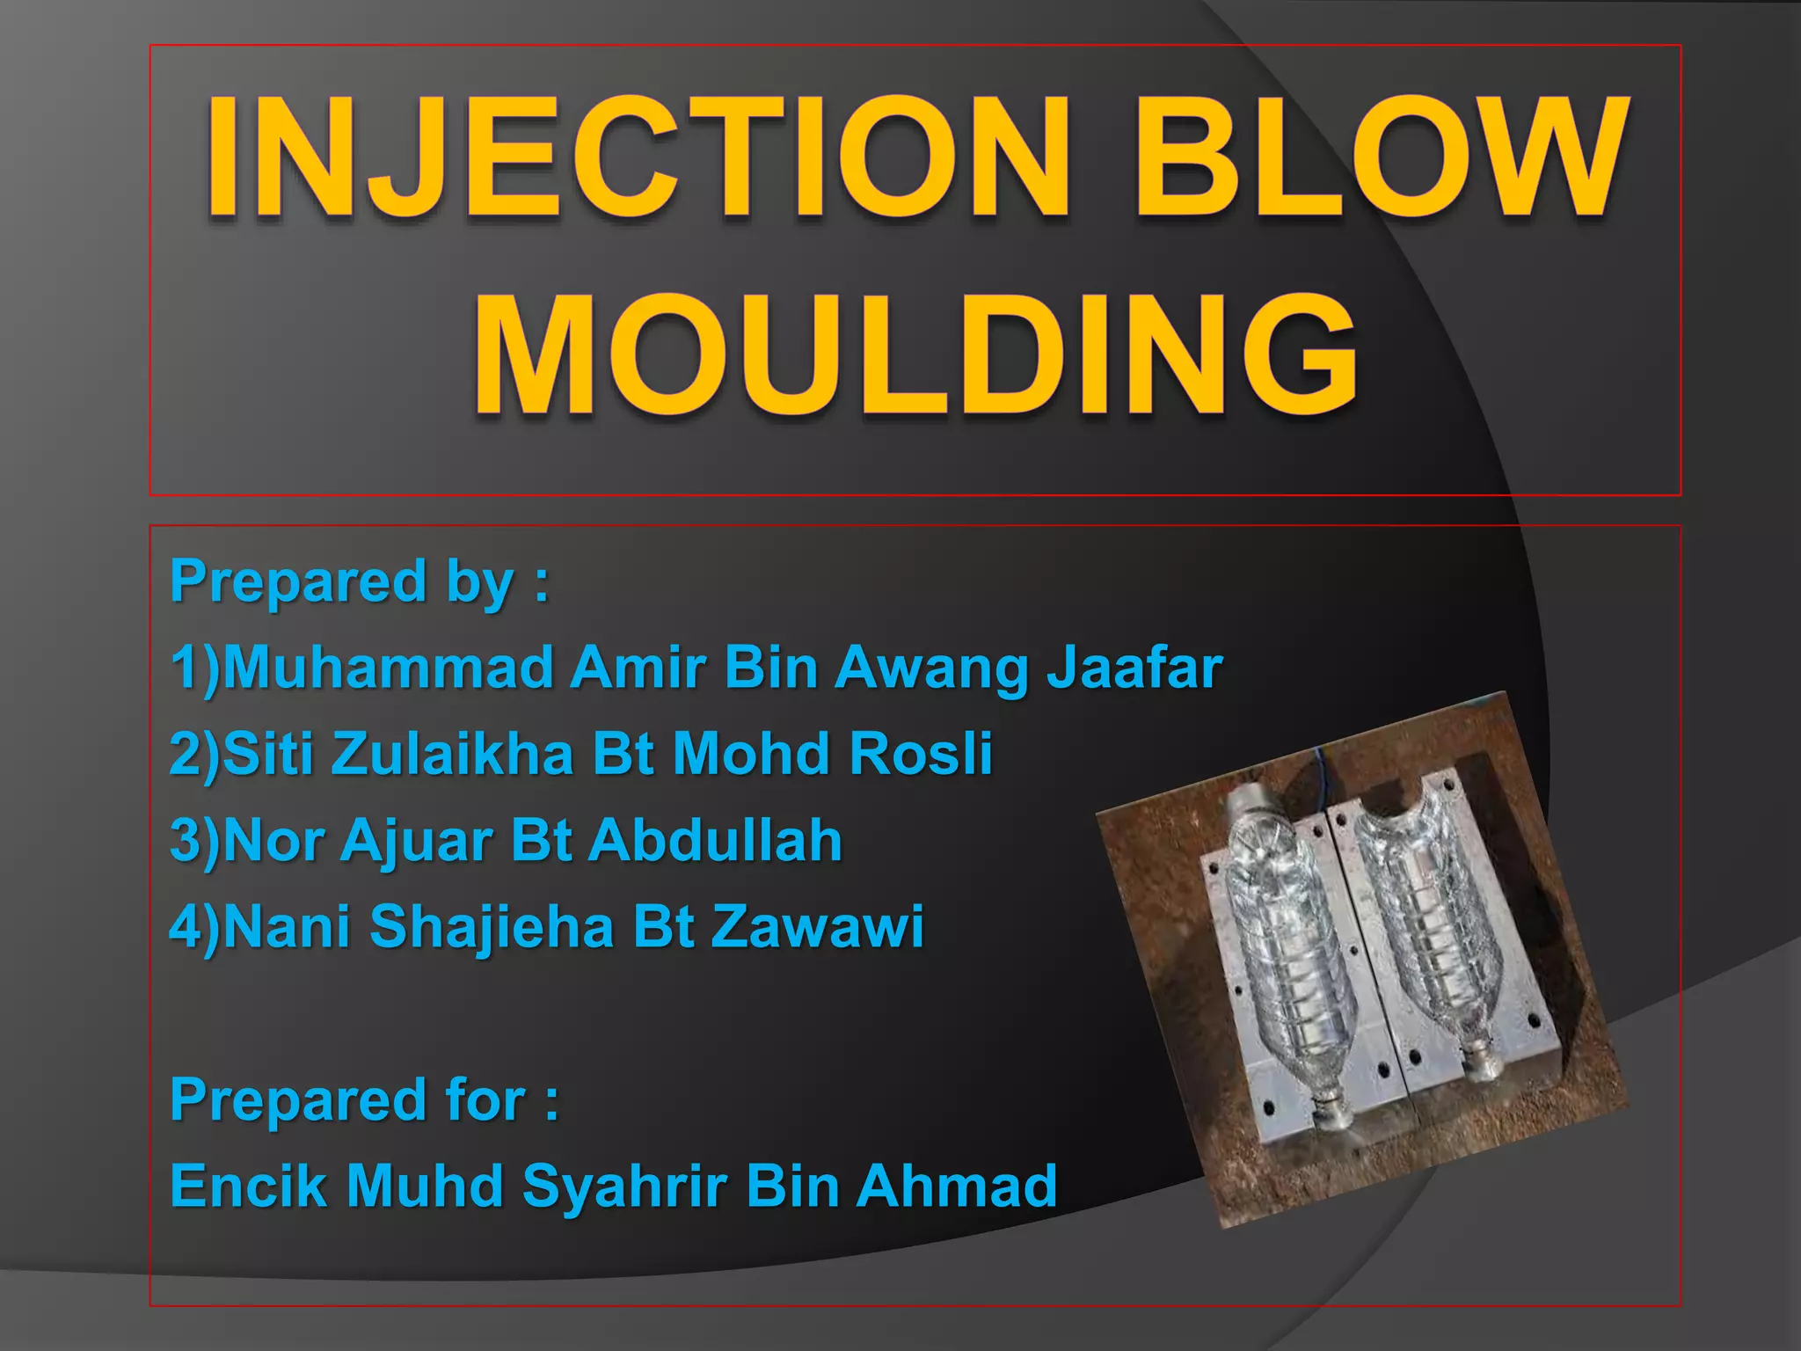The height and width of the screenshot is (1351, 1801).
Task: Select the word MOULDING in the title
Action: pyautogui.click(x=915, y=356)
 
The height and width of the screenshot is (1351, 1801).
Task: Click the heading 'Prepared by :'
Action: pyautogui.click(x=360, y=581)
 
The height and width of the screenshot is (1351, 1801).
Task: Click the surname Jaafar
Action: pyautogui.click(x=1134, y=668)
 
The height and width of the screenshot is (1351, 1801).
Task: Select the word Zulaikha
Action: pyautogui.click(x=452, y=754)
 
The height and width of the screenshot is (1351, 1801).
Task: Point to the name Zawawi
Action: pyautogui.click(x=817, y=926)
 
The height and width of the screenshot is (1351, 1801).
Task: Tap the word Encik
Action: pyautogui.click(x=249, y=1186)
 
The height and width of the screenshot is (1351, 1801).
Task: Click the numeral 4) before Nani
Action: pyautogui.click(x=194, y=926)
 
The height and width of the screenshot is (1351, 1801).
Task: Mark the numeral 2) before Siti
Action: pyautogui.click(x=194, y=754)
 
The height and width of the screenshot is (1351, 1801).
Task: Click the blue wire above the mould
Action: pyautogui.click(x=1322, y=765)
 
